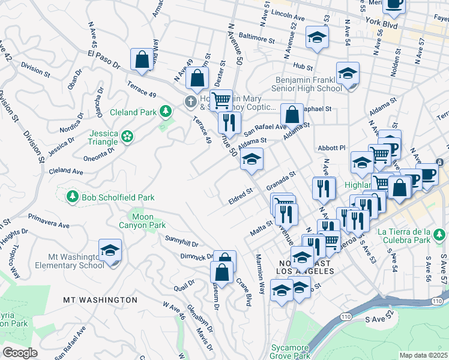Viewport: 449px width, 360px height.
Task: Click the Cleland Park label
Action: (132, 112)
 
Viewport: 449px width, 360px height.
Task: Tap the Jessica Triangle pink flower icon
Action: (127, 137)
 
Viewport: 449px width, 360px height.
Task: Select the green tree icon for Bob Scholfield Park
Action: (73, 196)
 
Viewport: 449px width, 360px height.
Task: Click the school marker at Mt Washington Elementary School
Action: (110, 250)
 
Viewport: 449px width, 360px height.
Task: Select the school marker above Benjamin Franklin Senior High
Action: (348, 73)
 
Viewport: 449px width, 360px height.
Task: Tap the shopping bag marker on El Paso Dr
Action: (142, 59)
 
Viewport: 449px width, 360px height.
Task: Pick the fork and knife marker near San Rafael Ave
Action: (229, 122)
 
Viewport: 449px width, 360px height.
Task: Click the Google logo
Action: (19, 353)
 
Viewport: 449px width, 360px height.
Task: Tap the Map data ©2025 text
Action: (423, 355)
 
